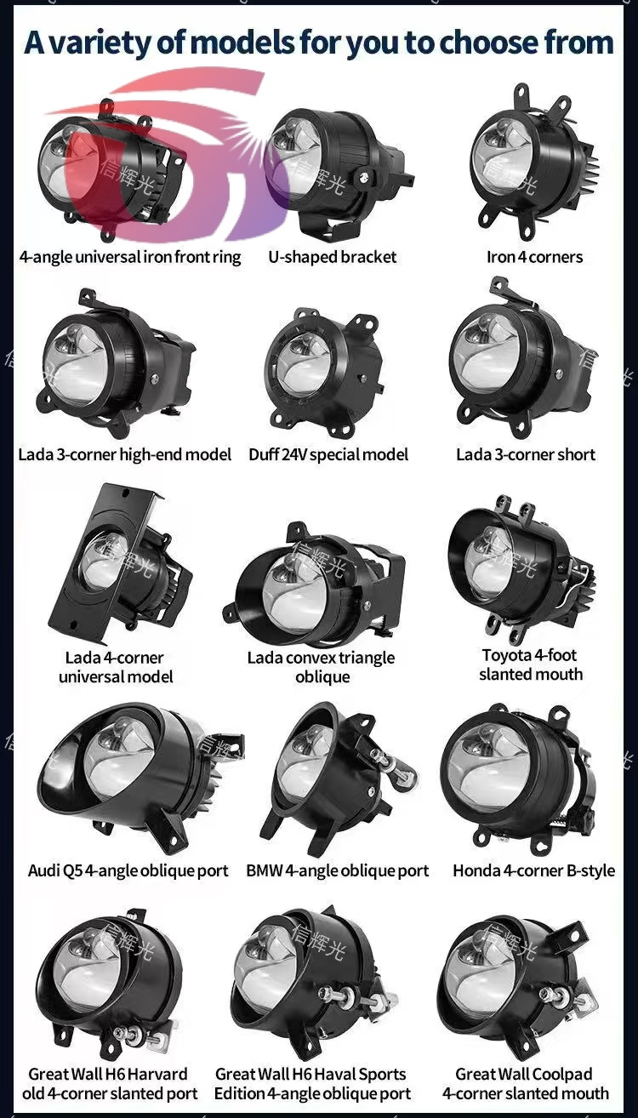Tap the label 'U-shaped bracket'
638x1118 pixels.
333,257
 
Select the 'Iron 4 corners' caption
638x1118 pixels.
535,257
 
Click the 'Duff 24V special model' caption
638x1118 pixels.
328,454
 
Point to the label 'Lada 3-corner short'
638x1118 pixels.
526,454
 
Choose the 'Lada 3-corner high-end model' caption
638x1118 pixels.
125,454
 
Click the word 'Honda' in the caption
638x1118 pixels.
476,871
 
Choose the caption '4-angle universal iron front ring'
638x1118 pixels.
130,257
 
